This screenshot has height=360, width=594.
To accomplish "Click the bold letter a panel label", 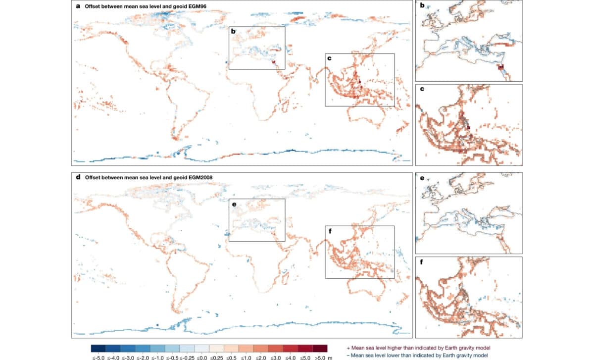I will point(78,6).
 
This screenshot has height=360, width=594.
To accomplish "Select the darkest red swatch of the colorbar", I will point(320,348).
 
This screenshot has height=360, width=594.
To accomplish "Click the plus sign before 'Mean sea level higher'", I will point(350,349).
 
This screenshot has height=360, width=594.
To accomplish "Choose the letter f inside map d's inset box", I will point(329,230).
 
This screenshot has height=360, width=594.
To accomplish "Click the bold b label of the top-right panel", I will point(421,6).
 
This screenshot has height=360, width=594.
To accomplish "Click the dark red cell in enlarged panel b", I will point(500,67).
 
